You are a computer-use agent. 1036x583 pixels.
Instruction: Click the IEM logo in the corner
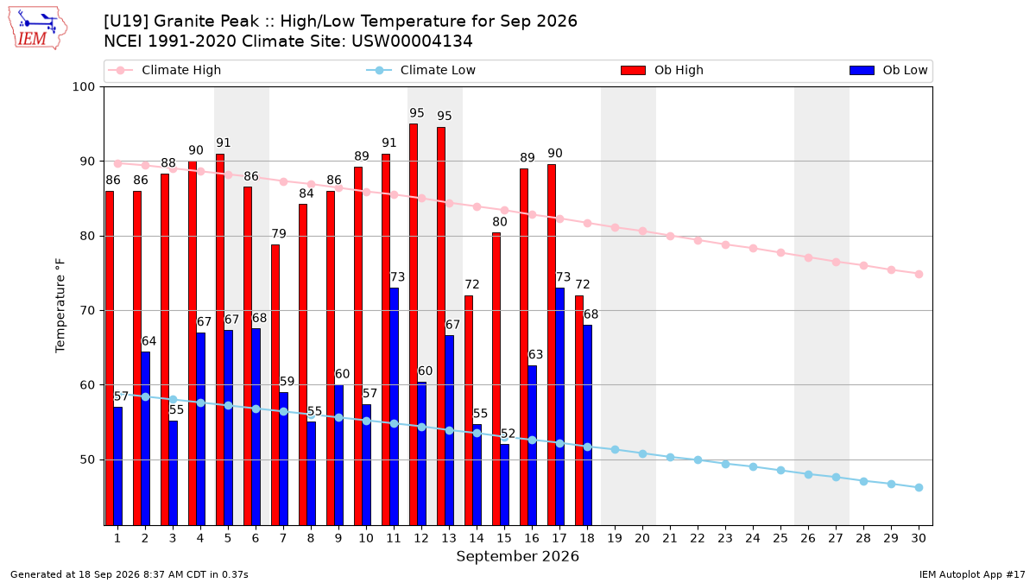click(x=38, y=29)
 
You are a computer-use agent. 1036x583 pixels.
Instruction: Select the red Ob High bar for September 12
click(x=414, y=325)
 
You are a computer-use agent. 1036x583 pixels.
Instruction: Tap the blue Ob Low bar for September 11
click(x=394, y=407)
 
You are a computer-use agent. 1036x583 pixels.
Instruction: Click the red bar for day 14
click(x=469, y=410)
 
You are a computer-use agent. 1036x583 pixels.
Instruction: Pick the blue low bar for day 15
click(x=504, y=485)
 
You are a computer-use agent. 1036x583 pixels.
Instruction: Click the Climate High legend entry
click(x=165, y=70)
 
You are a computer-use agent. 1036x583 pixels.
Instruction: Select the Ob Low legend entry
click(x=888, y=70)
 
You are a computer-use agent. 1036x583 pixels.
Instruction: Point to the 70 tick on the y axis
click(x=87, y=310)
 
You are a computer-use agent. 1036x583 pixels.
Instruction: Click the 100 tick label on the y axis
click(x=83, y=87)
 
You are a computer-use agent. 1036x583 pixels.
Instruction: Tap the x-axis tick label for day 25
click(x=780, y=538)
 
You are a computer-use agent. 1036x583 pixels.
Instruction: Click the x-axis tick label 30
click(x=919, y=538)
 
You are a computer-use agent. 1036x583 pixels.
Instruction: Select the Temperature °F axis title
click(x=60, y=306)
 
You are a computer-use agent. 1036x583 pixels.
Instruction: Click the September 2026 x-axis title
click(x=517, y=556)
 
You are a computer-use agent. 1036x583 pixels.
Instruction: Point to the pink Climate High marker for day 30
click(x=919, y=275)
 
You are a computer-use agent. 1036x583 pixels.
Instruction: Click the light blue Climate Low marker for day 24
click(x=753, y=467)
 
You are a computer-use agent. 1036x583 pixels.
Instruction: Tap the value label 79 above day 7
click(x=279, y=234)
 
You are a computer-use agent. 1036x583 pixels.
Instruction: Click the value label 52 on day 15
click(x=508, y=434)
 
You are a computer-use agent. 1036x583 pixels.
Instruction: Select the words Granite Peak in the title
click(x=206, y=22)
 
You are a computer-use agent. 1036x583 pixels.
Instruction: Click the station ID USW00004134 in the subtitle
click(x=412, y=41)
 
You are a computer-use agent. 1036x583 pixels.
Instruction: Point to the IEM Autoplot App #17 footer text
click(x=972, y=574)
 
